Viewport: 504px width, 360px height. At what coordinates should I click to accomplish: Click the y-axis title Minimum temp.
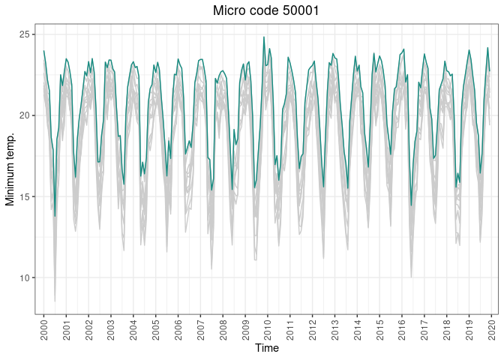tap(10, 169)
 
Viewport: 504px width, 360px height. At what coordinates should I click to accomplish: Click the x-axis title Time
tap(266, 348)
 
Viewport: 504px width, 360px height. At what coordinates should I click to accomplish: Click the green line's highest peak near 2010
tap(264, 37)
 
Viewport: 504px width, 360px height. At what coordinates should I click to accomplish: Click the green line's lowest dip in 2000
tap(55, 216)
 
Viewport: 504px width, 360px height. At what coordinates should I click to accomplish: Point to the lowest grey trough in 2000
tap(55, 301)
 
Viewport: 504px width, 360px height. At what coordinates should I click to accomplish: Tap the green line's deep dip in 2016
tap(411, 205)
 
